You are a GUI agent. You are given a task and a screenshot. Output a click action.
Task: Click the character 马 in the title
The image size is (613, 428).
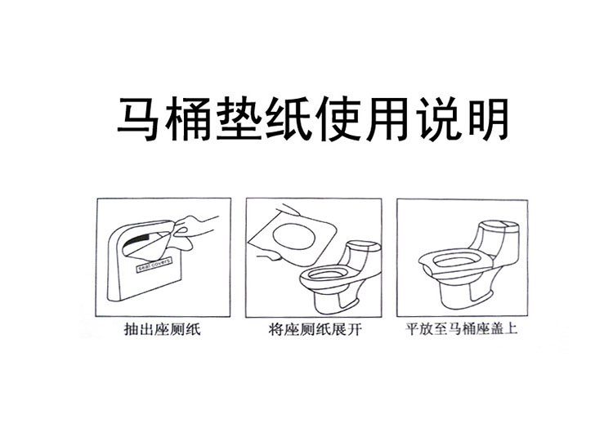138,120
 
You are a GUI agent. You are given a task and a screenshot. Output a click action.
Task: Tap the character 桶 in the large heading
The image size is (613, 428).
187,120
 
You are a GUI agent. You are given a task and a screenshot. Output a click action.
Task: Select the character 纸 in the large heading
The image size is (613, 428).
287,120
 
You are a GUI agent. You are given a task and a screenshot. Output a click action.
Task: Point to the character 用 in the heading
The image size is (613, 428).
387,120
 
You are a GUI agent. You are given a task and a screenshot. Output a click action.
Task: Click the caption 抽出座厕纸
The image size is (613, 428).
163,329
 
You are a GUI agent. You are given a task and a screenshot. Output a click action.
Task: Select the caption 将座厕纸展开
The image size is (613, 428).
315,329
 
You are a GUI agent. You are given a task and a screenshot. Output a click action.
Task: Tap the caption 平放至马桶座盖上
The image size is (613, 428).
461,328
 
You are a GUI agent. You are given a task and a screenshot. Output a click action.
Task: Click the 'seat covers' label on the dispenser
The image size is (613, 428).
154,265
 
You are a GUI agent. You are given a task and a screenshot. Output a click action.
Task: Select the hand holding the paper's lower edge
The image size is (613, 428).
270,257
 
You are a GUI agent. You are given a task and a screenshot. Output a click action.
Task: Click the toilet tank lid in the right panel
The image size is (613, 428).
500,225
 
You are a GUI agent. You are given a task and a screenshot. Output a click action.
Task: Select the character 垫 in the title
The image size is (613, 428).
237,120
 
